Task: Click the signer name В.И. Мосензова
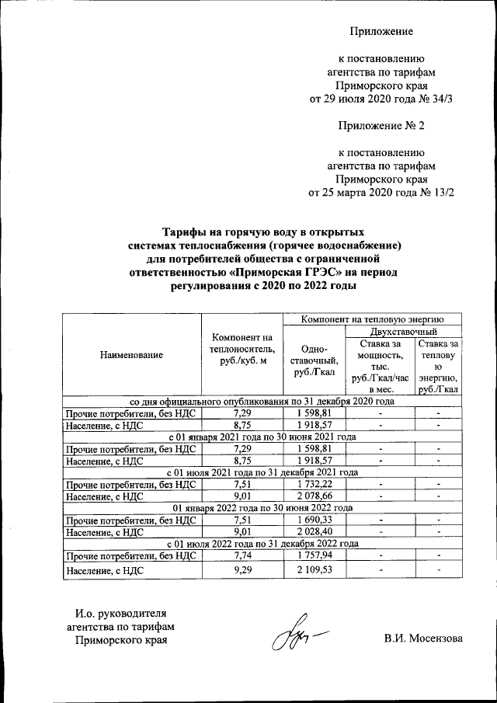(x=422, y=639)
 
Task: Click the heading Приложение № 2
(x=381, y=125)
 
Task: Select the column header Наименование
(x=131, y=355)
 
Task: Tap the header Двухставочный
(x=403, y=332)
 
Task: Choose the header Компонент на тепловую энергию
(x=372, y=318)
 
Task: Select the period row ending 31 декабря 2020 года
(x=262, y=401)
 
